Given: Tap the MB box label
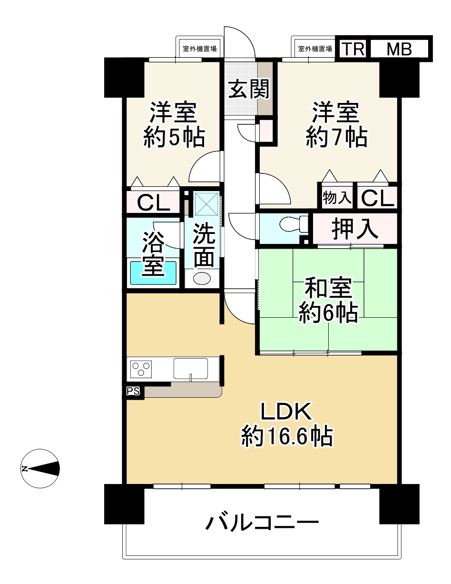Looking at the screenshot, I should tap(399, 49).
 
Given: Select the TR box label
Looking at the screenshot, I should tap(353, 49).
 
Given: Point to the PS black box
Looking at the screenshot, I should tap(133, 392).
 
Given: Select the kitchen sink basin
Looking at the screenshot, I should tap(190, 368).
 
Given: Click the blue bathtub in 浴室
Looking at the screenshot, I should tap(153, 274).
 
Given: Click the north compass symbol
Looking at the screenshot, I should tap(40, 469).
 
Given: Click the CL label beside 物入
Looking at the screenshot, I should tap(377, 198).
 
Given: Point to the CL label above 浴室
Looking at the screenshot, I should tap(154, 203).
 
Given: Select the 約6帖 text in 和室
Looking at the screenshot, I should tap(328, 313).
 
